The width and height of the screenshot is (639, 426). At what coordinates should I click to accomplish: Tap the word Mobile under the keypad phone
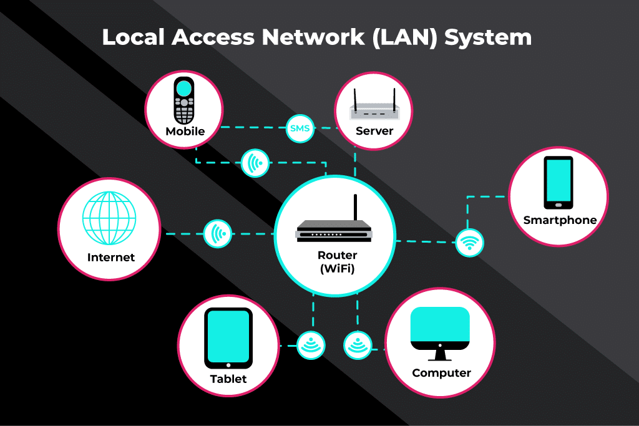coord(185,132)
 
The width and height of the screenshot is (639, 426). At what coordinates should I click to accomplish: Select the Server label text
coord(374,131)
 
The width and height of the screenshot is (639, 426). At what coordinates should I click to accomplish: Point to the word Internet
coord(111,257)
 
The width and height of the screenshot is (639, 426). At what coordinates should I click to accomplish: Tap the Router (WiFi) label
coord(338,262)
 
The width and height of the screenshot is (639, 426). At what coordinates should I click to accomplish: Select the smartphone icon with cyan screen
coord(558,183)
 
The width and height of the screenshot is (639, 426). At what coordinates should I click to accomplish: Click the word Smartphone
coord(560,220)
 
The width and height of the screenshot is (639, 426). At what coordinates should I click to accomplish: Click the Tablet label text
coord(228,379)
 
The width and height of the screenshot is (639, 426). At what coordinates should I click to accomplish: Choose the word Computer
coord(441,373)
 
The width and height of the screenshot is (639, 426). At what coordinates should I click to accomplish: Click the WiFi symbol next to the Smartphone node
coord(469,242)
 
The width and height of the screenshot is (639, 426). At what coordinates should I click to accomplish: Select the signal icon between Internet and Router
coord(218,234)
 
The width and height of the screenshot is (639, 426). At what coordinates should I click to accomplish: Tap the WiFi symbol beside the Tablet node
coord(311,345)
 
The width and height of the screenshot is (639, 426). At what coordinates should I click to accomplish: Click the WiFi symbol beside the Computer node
coord(358,345)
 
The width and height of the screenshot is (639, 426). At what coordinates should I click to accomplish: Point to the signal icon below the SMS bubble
coord(255,163)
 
